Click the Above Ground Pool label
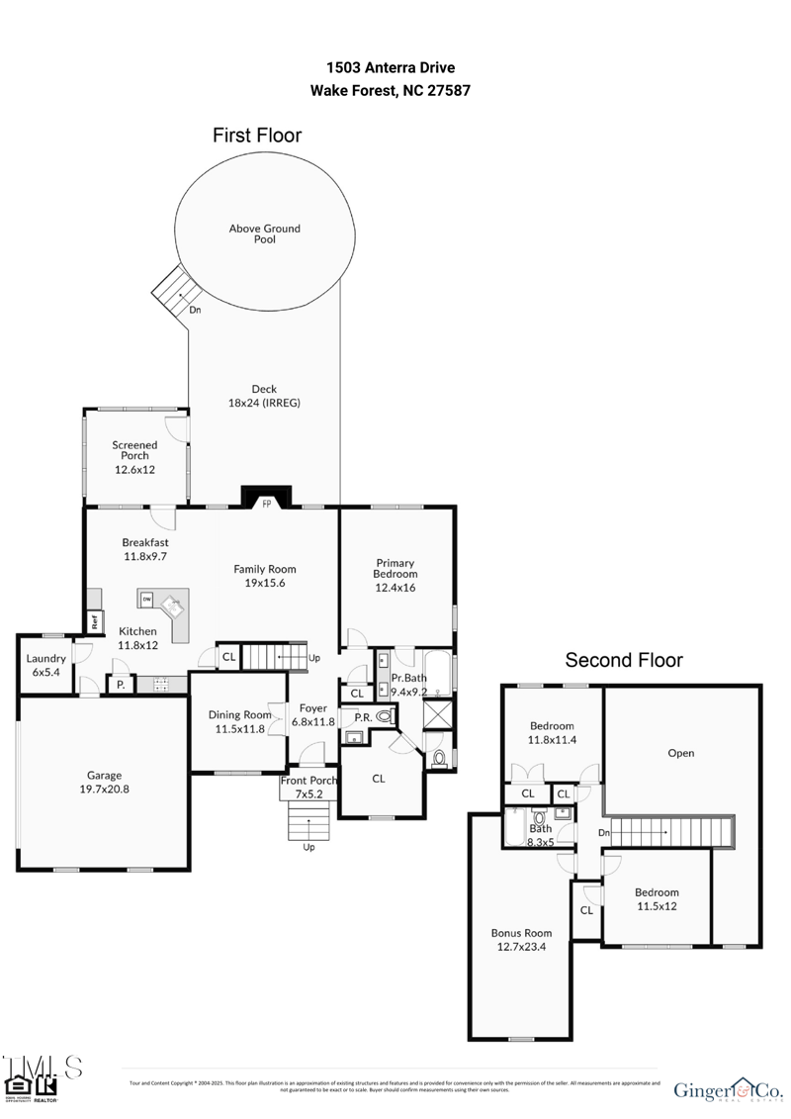point(264,233)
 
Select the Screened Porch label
point(133,450)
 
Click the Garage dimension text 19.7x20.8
point(104,790)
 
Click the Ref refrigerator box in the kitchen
point(95,622)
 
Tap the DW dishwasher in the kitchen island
point(145,600)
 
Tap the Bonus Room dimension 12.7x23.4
point(521,946)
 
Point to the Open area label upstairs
point(681,753)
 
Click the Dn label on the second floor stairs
point(604,833)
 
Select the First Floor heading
point(257,136)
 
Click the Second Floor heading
point(623,660)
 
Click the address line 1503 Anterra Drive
point(391,67)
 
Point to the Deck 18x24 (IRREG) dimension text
point(264,403)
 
